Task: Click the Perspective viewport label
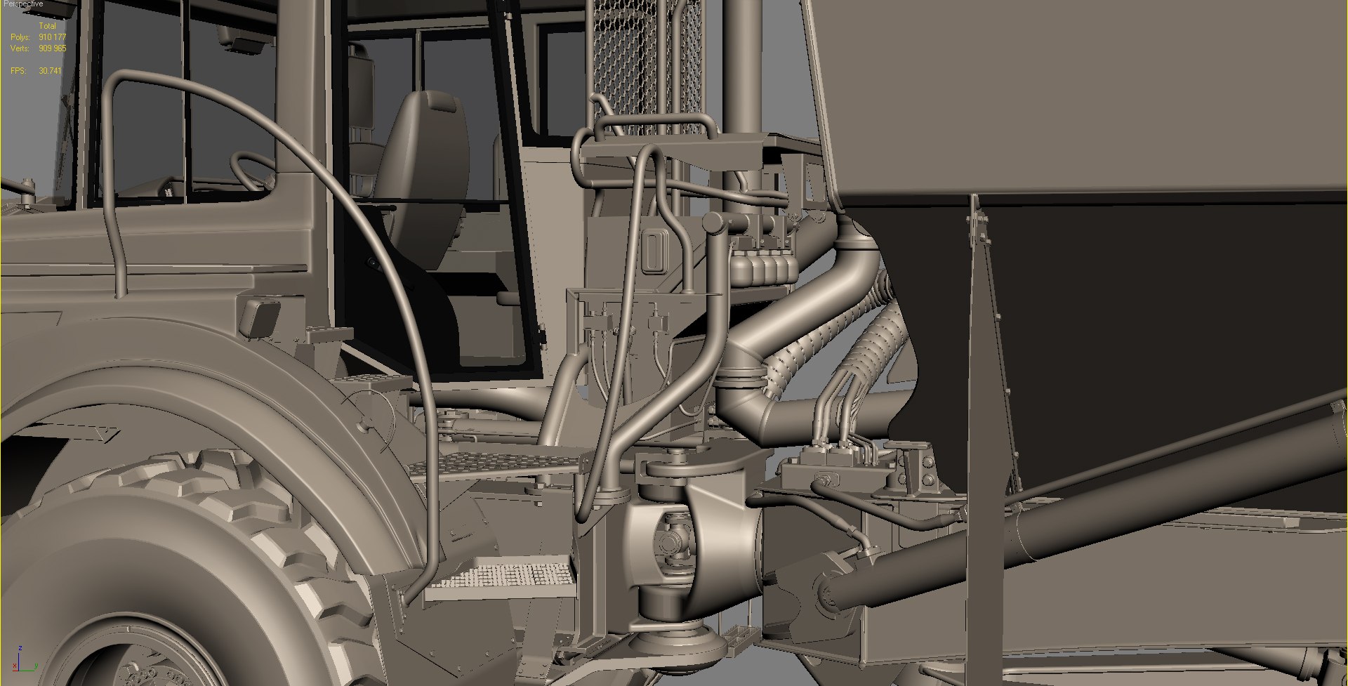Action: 22,4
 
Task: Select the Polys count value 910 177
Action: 53,37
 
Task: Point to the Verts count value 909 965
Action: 53,48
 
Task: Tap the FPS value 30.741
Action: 51,71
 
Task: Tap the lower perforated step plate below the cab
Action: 502,577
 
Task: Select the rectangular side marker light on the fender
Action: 259,315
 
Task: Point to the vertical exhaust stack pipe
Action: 744,63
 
